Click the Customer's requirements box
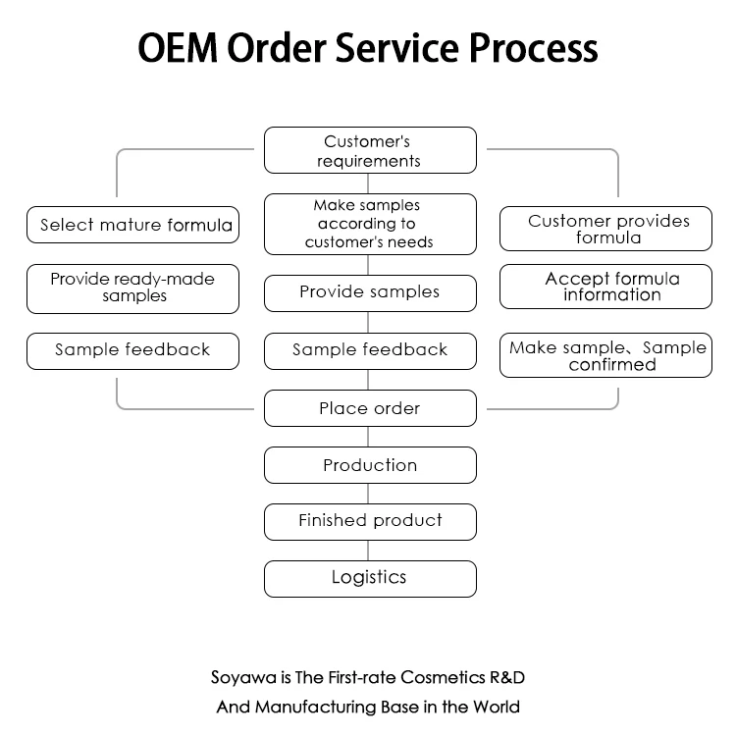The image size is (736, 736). pyautogui.click(x=370, y=151)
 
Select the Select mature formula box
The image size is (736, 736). pyautogui.click(x=132, y=225)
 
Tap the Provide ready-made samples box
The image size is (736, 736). pyautogui.click(x=132, y=289)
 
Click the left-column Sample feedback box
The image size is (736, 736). pyautogui.click(x=132, y=350)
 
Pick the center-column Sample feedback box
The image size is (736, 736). pyautogui.click(x=370, y=350)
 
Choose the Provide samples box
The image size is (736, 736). pyautogui.click(x=370, y=292)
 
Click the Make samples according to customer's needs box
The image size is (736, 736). pyautogui.click(x=370, y=224)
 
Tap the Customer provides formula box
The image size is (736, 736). pyautogui.click(x=605, y=230)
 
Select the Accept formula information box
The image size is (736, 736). pyautogui.click(x=605, y=287)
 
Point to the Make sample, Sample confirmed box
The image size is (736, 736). pyautogui.click(x=605, y=356)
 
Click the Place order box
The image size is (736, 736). pyautogui.click(x=370, y=408)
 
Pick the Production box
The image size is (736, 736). pyautogui.click(x=370, y=465)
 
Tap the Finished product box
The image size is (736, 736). pyautogui.click(x=370, y=521)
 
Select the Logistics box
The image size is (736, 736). pyautogui.click(x=370, y=578)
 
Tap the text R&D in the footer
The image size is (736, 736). pyautogui.click(x=513, y=677)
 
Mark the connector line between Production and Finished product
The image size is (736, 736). pyautogui.click(x=370, y=494)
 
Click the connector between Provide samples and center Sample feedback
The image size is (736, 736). pyautogui.click(x=370, y=322)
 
